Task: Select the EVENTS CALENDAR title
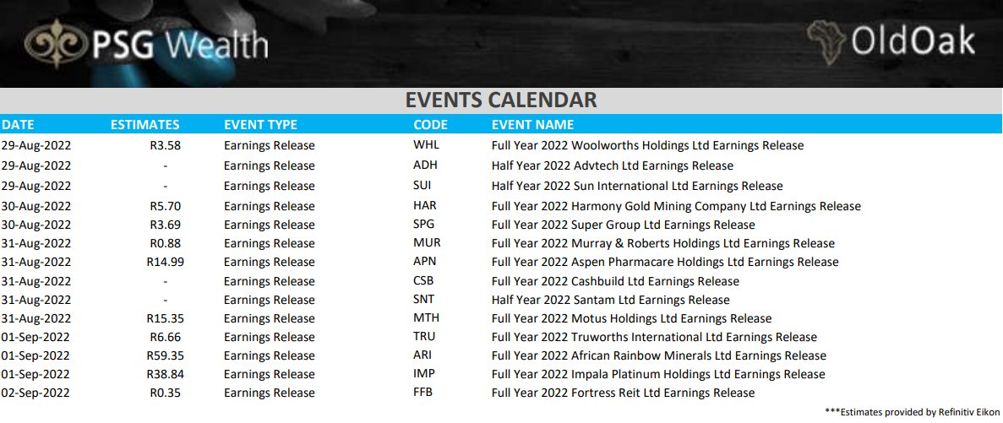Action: pos(501,100)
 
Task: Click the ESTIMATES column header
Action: pos(145,125)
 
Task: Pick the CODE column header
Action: pos(430,125)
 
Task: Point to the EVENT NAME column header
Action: pos(532,125)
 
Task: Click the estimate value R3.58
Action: pos(166,145)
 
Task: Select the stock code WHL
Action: pos(426,145)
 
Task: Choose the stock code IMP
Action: pos(424,373)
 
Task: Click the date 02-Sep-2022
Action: pos(35,393)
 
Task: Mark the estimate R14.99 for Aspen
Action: pos(165,262)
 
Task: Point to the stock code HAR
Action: pos(425,205)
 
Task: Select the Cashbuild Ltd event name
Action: pos(615,281)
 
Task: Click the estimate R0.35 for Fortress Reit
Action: pos(166,393)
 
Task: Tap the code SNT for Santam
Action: pos(425,299)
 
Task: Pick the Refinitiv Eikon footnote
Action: pos(911,412)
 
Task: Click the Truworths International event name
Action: pos(642,337)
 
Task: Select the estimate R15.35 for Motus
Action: pos(165,318)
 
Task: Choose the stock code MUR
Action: pos(426,242)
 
